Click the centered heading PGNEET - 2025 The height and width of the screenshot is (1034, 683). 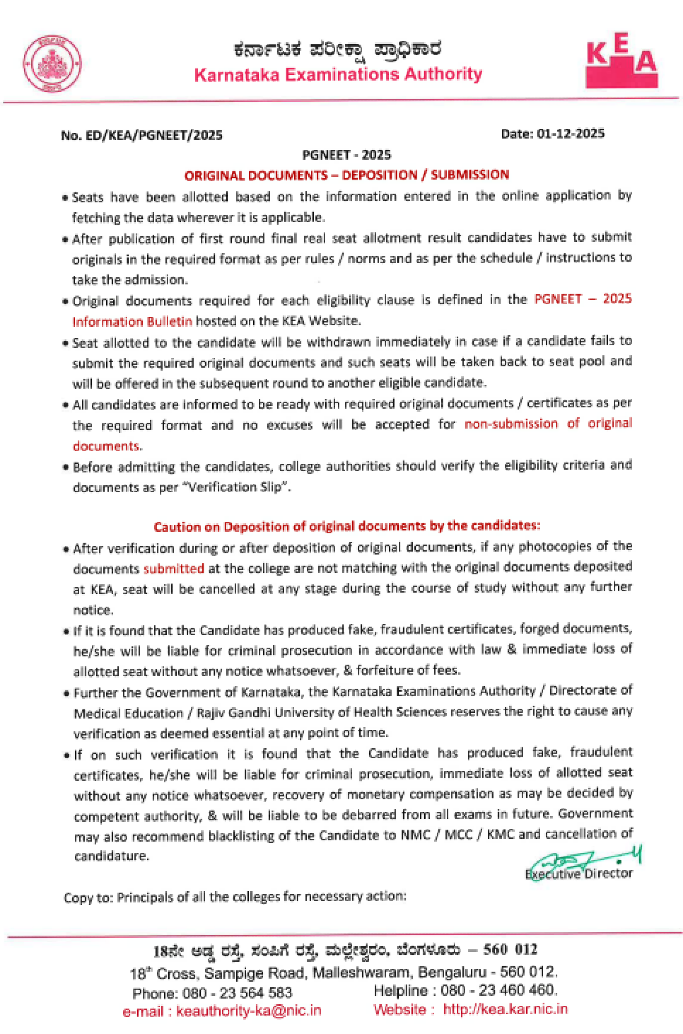click(346, 155)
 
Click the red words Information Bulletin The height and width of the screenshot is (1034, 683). click(132, 322)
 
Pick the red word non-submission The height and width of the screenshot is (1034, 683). click(511, 423)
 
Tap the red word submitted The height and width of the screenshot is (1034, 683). click(174, 568)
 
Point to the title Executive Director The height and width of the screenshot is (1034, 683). click(578, 874)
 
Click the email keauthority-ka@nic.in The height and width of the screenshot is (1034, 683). click(248, 1011)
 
